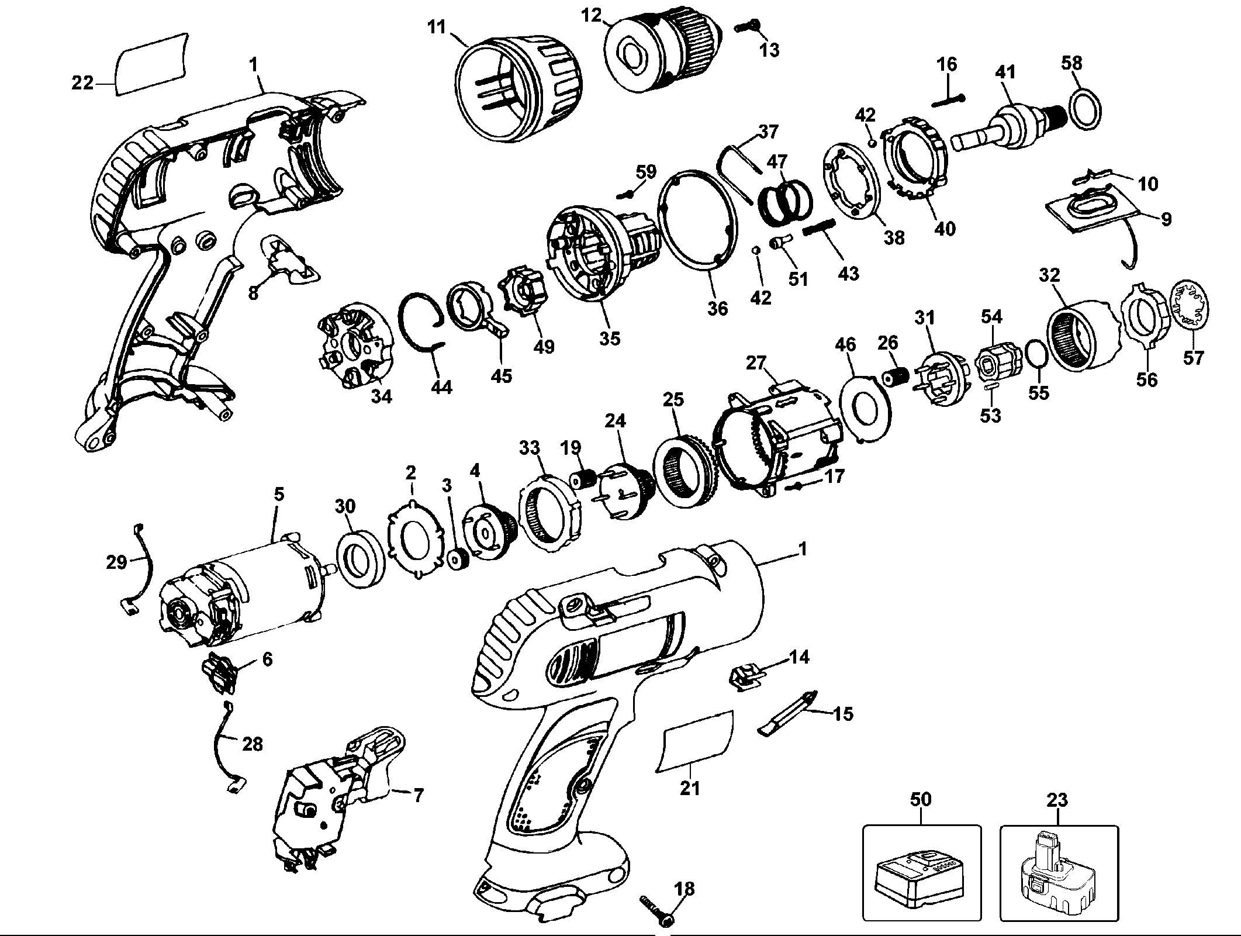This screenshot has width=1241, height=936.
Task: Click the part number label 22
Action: coord(82,84)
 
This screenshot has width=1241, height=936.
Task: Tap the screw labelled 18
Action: coord(655,913)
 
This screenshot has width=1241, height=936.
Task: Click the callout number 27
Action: coord(756,363)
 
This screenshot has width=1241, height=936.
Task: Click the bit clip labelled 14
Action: coord(746,678)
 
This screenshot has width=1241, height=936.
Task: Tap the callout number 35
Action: coord(609,338)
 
